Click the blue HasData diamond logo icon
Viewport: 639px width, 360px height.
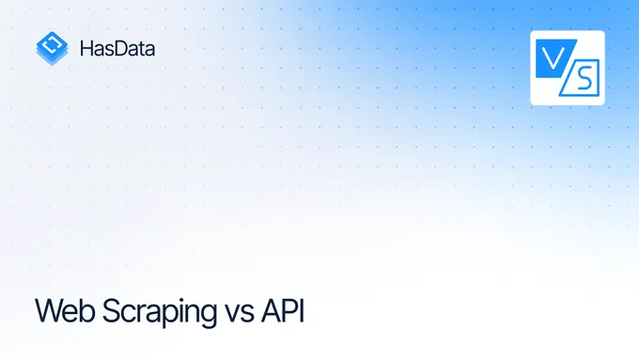(x=52, y=48)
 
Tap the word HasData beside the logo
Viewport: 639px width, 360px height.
(x=117, y=48)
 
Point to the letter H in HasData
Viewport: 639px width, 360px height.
(x=86, y=48)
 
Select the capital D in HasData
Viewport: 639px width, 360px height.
(x=121, y=48)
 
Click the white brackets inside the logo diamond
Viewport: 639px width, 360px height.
(x=52, y=43)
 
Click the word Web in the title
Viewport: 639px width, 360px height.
(x=60, y=310)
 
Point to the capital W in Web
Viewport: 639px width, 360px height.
(x=47, y=310)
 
